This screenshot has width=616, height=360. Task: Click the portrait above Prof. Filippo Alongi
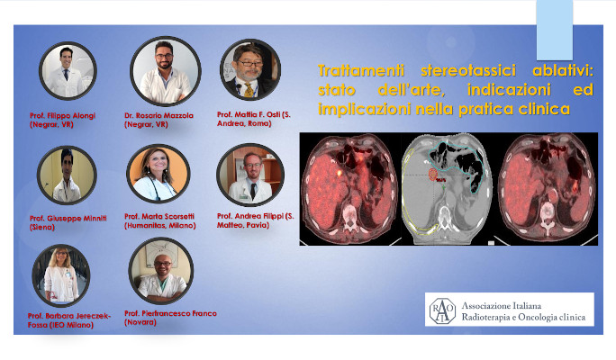pyautogui.click(x=68, y=71)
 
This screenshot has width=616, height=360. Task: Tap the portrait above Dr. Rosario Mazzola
pyautogui.click(x=166, y=71)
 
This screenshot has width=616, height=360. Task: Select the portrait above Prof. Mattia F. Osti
pyautogui.click(x=250, y=69)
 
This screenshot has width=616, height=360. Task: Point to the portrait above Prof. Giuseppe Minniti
pyautogui.click(x=67, y=175)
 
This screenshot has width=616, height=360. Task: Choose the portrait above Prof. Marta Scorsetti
pyautogui.click(x=159, y=173)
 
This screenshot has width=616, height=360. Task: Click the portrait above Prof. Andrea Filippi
pyautogui.click(x=250, y=175)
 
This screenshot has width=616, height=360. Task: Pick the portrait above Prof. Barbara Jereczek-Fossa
pyautogui.click(x=61, y=275)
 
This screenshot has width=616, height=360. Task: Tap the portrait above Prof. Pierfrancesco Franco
pyautogui.click(x=161, y=271)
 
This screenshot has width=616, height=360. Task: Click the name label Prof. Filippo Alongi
pyautogui.click(x=62, y=115)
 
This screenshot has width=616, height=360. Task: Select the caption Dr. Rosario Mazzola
pyautogui.click(x=159, y=115)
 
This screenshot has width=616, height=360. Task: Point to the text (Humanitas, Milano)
pyautogui.click(x=160, y=225)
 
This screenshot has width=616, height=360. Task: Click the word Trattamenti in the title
pyautogui.click(x=361, y=71)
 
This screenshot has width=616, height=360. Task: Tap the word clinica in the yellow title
pyautogui.click(x=544, y=109)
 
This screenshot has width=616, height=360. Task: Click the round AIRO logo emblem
pyautogui.click(x=442, y=310)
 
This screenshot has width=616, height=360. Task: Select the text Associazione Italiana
pyautogui.click(x=502, y=305)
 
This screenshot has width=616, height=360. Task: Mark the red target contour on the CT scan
pyautogui.click(x=433, y=175)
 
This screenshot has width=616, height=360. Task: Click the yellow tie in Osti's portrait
pyautogui.click(x=249, y=90)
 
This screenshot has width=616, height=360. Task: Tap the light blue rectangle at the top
pyautogui.click(x=555, y=30)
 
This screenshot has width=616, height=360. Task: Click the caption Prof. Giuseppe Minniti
pyautogui.click(x=68, y=219)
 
